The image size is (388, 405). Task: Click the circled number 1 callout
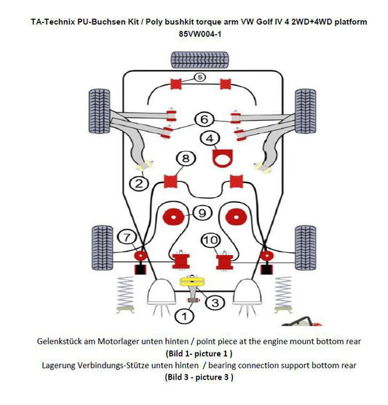pyautogui.click(x=186, y=316)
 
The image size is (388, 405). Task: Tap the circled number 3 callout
pyautogui.click(x=215, y=302)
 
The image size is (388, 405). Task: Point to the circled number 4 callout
pyautogui.click(x=210, y=138)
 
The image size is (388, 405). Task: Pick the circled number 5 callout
pyautogui.click(x=200, y=76)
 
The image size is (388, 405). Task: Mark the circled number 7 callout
pyautogui.click(x=126, y=236)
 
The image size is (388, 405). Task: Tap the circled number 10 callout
pyautogui.click(x=210, y=240)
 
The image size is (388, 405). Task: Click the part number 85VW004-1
pyautogui.click(x=199, y=33)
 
